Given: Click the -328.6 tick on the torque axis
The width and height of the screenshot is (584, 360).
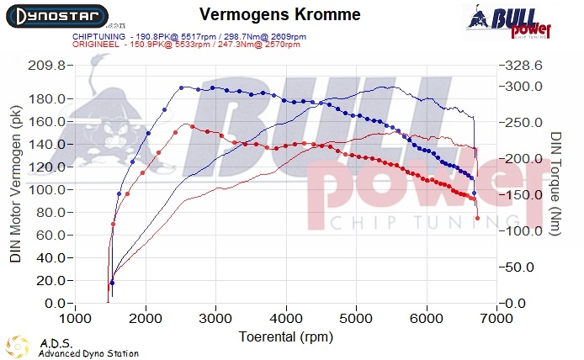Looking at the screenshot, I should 523,66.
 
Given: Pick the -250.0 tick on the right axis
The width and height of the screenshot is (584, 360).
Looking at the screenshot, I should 523,123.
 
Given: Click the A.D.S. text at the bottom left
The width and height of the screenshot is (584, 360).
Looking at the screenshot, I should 56,343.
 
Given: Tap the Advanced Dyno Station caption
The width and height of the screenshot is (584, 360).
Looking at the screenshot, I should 88,354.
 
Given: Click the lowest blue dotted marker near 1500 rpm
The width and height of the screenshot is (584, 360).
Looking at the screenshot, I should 112,283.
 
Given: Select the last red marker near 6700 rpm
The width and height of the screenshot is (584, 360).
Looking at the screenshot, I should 478,219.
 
